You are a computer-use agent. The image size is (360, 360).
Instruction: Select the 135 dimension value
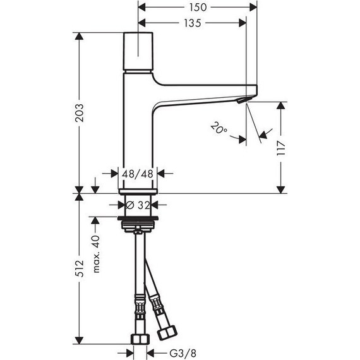pos(193,23)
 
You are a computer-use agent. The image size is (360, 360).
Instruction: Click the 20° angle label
pos(219,131)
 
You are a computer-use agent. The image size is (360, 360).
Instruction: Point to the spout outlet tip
pos(241,101)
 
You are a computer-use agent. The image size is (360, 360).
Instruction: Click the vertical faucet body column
pos(138,139)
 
